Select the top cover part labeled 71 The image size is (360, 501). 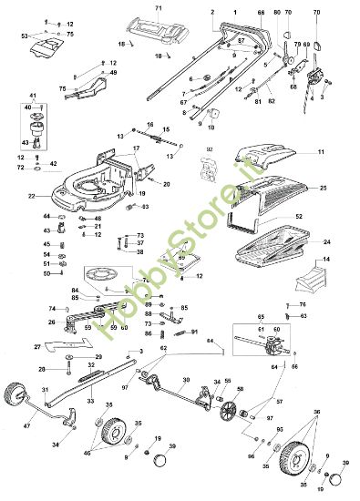click(x=156, y=31)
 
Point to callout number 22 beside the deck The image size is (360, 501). click(x=31, y=195)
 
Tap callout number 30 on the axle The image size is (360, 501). click(x=185, y=380)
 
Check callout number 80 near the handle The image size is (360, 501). click(x=277, y=13)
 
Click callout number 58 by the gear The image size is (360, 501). click(x=240, y=389)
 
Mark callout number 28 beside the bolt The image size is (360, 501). click(x=42, y=369)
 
